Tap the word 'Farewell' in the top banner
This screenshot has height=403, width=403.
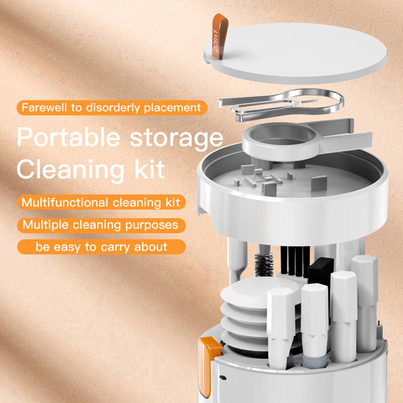42,108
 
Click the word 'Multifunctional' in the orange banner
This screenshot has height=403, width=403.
64,202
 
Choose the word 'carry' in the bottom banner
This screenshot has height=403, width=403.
115,246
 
